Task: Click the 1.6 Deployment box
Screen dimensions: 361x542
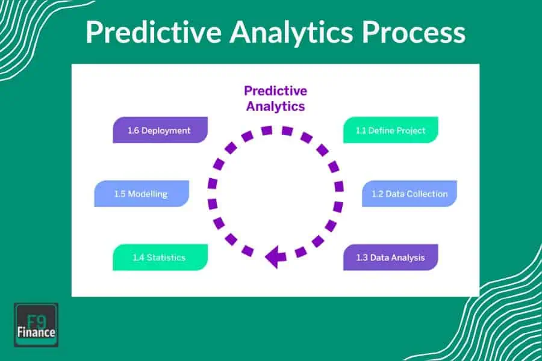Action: tap(160, 130)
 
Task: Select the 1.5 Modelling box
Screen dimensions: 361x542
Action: tap(142, 194)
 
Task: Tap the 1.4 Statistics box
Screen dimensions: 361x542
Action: tap(160, 258)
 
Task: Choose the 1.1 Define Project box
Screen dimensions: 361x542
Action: tap(390, 130)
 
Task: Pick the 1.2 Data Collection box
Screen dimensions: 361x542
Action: tap(409, 194)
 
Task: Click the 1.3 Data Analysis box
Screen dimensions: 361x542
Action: tap(390, 258)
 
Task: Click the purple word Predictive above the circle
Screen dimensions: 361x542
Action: tap(275, 91)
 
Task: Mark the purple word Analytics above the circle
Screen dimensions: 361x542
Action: tap(275, 106)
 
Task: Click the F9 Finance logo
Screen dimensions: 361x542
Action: tap(36, 324)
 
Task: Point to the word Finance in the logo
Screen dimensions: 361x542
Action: tap(36, 332)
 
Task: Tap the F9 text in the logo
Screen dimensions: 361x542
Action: tap(36, 317)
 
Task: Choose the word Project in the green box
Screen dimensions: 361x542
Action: tap(409, 130)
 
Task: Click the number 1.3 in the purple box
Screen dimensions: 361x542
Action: tap(362, 258)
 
